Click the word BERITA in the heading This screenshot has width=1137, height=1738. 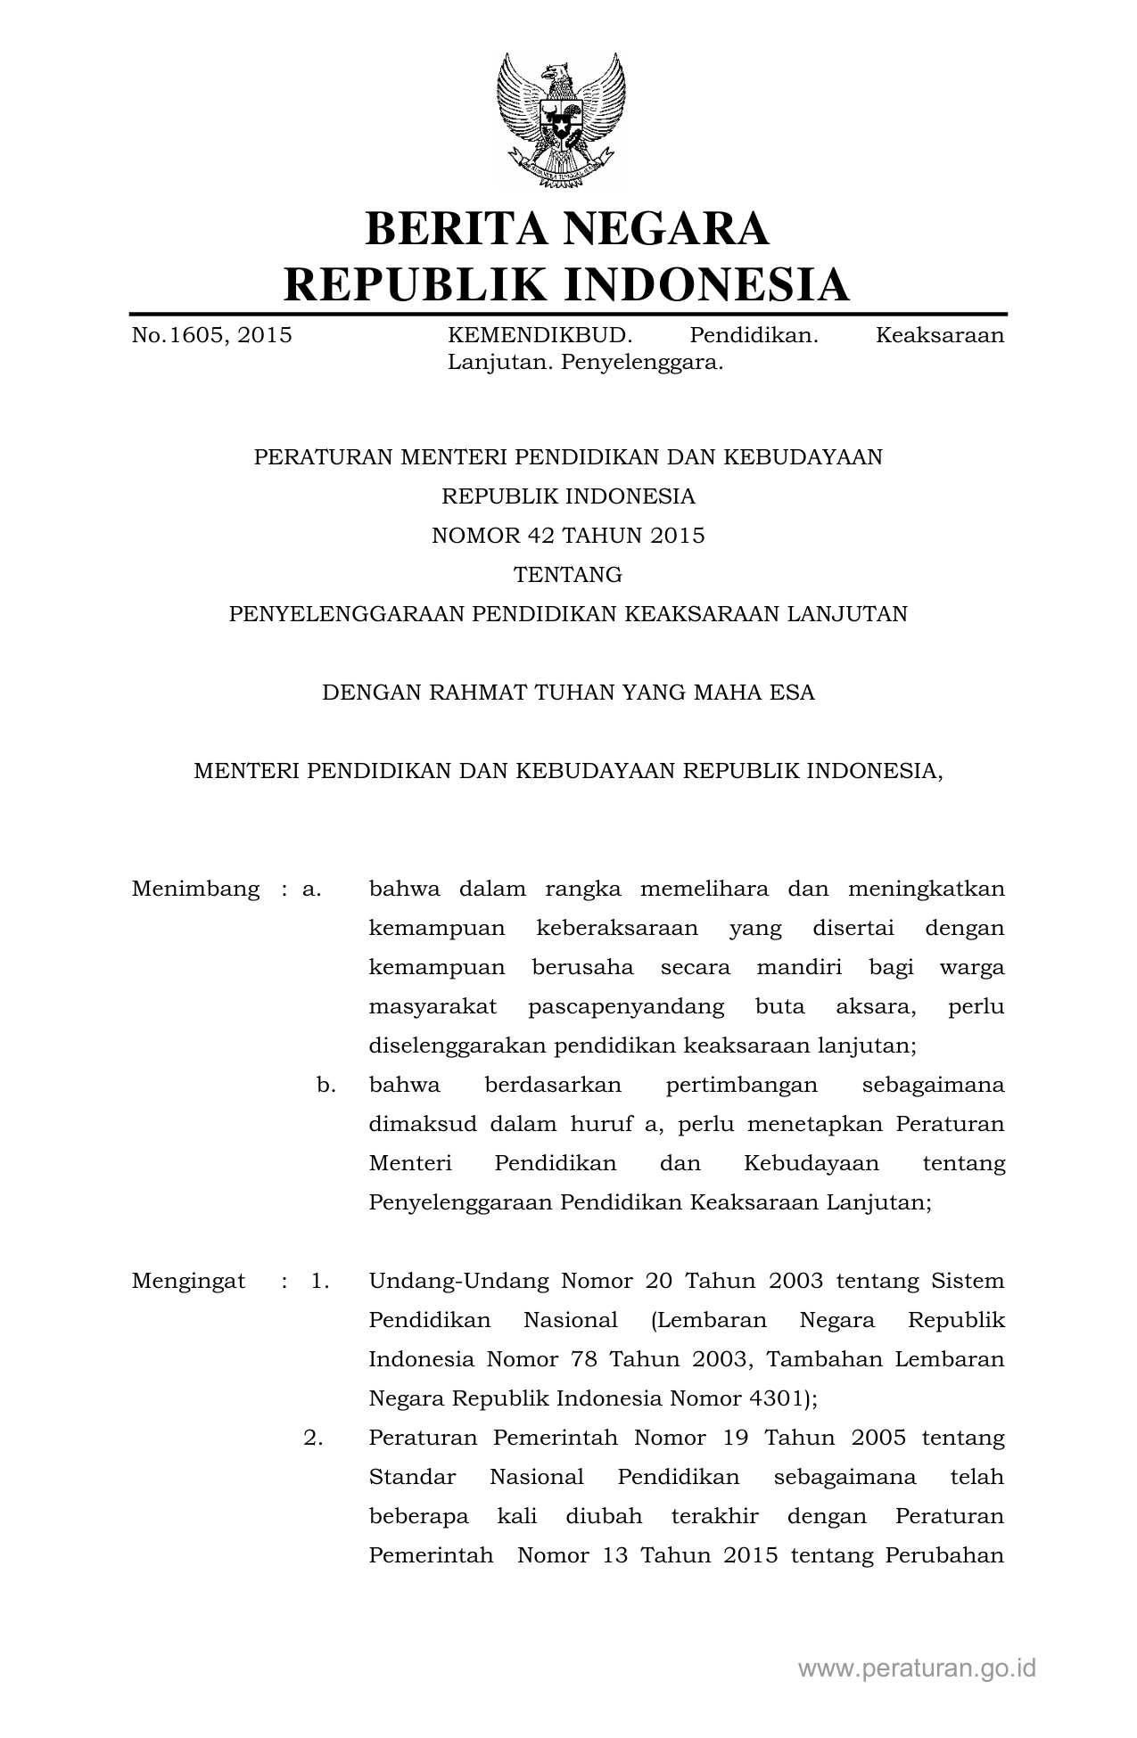pyautogui.click(x=454, y=228)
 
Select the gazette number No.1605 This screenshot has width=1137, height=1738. pyautogui.click(x=177, y=335)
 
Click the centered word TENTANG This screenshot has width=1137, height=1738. pyautogui.click(x=568, y=574)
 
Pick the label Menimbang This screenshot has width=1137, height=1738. pyautogui.click(x=196, y=889)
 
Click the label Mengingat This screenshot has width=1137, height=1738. pyautogui.click(x=188, y=1281)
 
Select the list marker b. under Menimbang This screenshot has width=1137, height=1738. pyautogui.click(x=325, y=1085)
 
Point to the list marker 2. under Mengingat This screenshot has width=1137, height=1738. pyautogui.click(x=313, y=1438)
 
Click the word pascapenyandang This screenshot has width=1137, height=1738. pyautogui.click(x=626, y=1006)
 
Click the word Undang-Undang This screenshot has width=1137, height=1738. pyautogui.click(x=458, y=1281)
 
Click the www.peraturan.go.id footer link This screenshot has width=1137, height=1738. pyautogui.click(x=917, y=1668)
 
